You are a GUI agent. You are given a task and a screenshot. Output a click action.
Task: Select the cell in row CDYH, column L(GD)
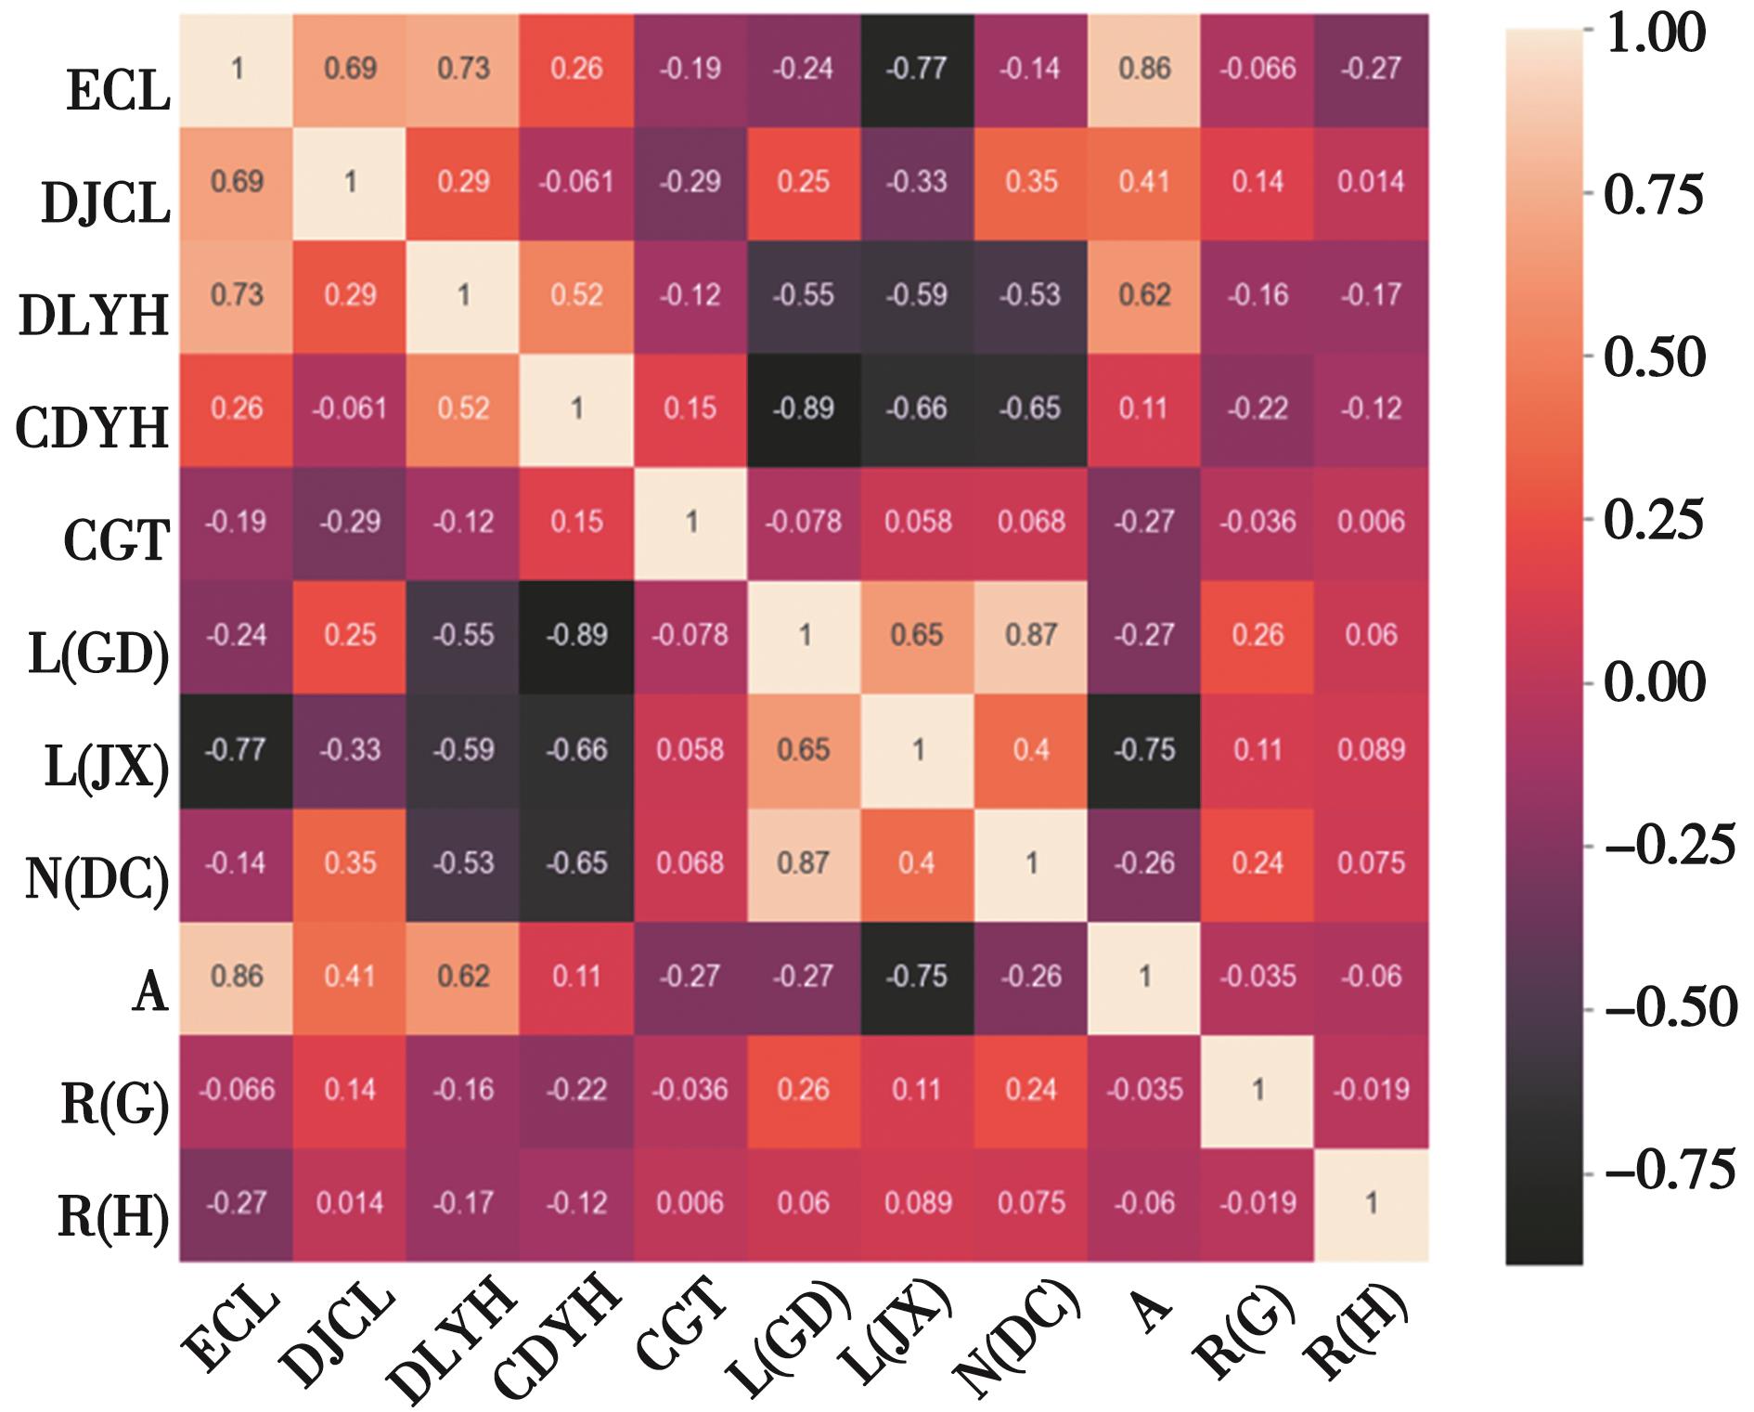(804, 409)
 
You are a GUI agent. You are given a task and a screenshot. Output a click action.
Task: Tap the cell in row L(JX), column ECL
(237, 750)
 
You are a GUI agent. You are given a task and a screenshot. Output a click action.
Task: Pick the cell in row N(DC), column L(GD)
(804, 863)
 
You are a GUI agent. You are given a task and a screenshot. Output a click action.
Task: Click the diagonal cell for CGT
(690, 523)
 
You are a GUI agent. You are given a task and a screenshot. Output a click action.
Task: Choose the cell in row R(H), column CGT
(690, 1203)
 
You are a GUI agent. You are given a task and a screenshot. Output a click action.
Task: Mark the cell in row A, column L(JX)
(917, 977)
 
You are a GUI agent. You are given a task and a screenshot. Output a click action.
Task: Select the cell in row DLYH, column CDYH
(577, 296)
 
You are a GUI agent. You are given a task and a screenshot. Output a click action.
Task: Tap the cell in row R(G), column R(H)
(1371, 1090)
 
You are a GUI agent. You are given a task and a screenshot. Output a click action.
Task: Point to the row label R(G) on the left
(114, 1106)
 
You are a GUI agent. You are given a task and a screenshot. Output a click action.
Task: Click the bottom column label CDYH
(557, 1337)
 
